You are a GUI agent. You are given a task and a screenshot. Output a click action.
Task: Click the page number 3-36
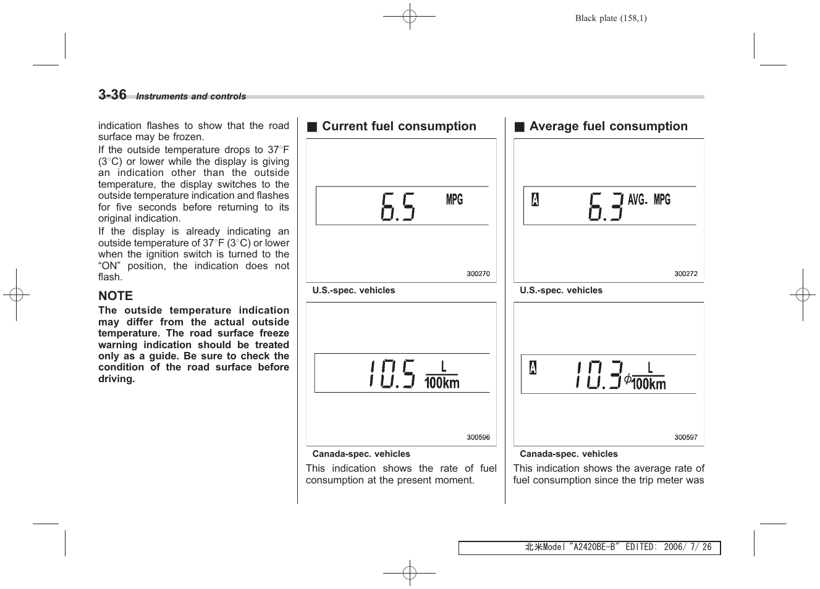pyautogui.click(x=112, y=94)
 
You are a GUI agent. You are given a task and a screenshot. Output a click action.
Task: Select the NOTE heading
pyautogui.click(x=116, y=296)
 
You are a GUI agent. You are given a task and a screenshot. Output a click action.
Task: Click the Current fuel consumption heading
pyautogui.click(x=399, y=127)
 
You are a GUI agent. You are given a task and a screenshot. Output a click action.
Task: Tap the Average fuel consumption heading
pyautogui.click(x=608, y=127)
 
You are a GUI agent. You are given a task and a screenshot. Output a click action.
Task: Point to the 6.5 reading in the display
pyautogui.click(x=398, y=206)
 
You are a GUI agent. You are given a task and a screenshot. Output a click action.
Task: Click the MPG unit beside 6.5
pyautogui.click(x=454, y=199)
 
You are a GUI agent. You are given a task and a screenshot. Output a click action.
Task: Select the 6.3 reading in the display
pyautogui.click(x=605, y=206)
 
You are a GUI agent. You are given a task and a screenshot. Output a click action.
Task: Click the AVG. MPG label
pyautogui.click(x=649, y=199)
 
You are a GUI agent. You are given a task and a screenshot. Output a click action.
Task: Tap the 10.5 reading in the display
pyautogui.click(x=392, y=374)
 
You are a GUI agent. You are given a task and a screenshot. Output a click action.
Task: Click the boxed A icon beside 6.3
pyautogui.click(x=535, y=199)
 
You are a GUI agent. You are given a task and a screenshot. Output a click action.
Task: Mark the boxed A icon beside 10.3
pyautogui.click(x=533, y=368)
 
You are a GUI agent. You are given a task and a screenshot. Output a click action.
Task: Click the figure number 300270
pyautogui.click(x=478, y=274)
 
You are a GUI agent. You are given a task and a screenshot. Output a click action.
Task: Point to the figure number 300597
pyautogui.click(x=686, y=437)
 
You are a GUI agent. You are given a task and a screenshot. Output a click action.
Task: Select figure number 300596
pyautogui.click(x=478, y=437)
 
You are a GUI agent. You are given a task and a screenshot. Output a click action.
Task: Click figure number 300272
pyautogui.click(x=686, y=274)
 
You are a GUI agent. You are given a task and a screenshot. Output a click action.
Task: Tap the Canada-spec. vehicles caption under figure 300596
pyautogui.click(x=361, y=454)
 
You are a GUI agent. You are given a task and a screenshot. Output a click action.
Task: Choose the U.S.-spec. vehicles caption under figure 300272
pyautogui.click(x=561, y=290)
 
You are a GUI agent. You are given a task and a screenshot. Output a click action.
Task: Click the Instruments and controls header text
pyautogui.click(x=191, y=96)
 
